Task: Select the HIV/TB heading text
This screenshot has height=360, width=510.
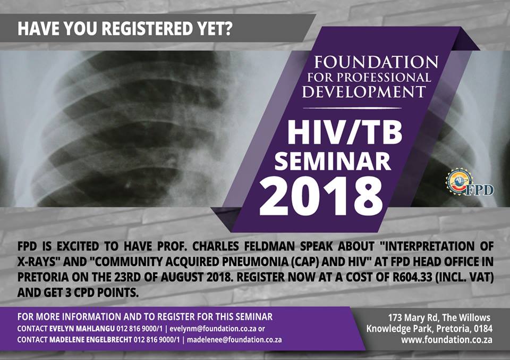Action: (x=345, y=133)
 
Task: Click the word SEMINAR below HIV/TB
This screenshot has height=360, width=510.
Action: (x=333, y=162)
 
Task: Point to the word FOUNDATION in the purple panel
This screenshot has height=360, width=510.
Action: (x=376, y=62)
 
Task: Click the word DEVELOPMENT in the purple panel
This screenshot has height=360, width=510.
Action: (x=364, y=91)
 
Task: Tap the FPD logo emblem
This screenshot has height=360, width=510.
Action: (x=469, y=182)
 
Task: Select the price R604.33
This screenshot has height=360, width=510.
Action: (x=412, y=277)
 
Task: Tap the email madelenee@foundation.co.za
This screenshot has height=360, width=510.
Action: (x=234, y=340)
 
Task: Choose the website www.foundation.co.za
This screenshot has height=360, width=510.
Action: (x=447, y=340)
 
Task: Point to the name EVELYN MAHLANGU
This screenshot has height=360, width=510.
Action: (x=82, y=329)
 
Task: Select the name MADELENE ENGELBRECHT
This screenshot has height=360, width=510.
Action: (x=91, y=340)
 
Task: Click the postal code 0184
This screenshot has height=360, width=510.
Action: (x=483, y=329)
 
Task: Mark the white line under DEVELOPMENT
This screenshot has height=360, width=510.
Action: (x=352, y=108)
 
